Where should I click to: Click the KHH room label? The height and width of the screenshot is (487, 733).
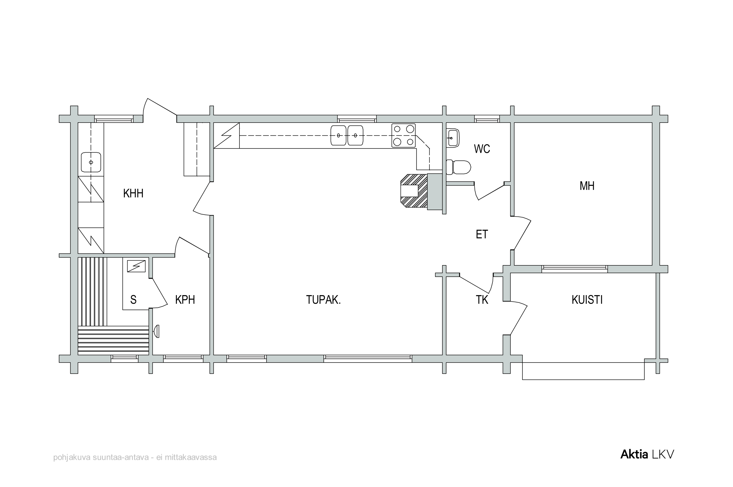coord(133,194)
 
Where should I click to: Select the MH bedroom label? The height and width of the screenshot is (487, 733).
coord(587,186)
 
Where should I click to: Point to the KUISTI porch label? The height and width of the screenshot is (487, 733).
coord(587,300)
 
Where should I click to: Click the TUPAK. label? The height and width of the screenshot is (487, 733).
coord(323,300)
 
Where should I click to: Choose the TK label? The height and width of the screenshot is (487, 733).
coord(482,300)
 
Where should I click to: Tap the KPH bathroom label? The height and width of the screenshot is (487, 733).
coord(185,300)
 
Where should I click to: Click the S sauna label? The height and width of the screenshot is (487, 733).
coord(133,300)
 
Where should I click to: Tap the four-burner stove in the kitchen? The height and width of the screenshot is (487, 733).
coord(403,135)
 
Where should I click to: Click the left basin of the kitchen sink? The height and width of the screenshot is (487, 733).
coord(338,135)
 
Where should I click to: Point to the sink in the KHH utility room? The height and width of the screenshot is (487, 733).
coord(91,162)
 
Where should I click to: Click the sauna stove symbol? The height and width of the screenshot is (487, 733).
coord(136,266)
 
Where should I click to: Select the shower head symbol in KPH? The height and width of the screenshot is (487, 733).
coord(157,331)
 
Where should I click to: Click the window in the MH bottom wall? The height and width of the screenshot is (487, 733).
coord(574,269)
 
